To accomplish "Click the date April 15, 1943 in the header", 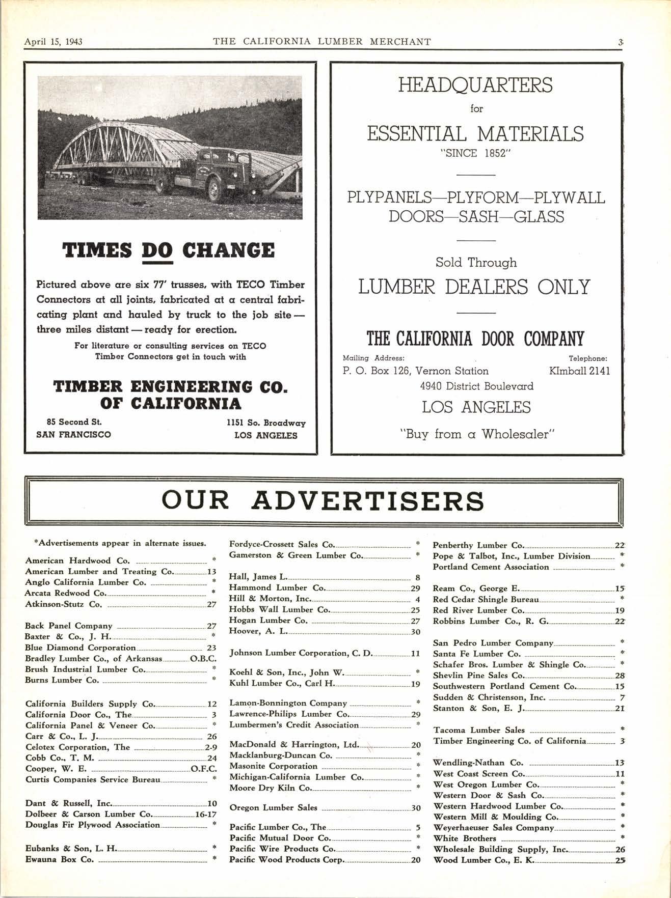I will (53, 42).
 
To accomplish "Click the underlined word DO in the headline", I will (157, 250).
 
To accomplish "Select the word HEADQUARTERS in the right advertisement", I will (475, 85).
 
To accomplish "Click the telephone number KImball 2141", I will (579, 371).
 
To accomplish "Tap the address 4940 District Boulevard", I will (476, 386).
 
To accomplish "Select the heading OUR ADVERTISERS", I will (323, 501).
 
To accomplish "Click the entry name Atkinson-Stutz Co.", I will (64, 604).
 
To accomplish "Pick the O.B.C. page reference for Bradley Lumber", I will (203, 658).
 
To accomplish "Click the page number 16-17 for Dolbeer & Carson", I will (206, 814).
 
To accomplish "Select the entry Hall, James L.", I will (259, 577).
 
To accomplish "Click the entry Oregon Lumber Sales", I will (273, 807).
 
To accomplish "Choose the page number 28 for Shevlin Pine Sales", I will (620, 676).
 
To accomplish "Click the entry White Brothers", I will (465, 838).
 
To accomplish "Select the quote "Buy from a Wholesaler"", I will (476, 434).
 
